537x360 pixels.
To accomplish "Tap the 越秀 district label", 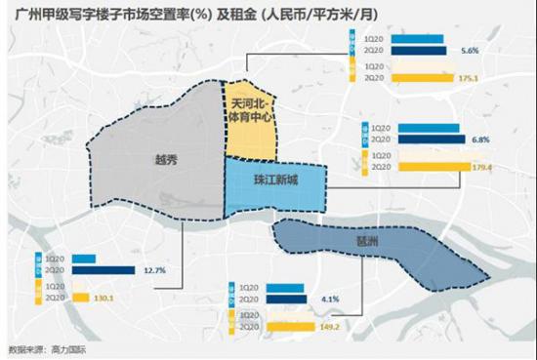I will pos(166,159).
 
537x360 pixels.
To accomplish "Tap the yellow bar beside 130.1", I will pos(79,299).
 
